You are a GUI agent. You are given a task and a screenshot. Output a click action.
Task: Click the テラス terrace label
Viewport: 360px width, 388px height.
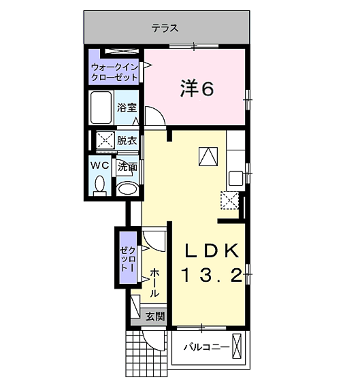click(165, 28)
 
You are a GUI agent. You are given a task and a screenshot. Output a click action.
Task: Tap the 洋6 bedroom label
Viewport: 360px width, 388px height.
click(197, 88)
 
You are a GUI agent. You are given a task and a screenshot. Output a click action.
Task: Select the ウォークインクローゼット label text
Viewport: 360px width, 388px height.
click(114, 72)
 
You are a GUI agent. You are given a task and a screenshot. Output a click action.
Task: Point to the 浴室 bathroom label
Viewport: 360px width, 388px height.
click(127, 108)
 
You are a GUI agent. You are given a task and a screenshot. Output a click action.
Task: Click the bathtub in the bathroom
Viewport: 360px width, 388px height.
click(101, 108)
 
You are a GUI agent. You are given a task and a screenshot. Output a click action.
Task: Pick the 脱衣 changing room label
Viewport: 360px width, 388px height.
click(127, 141)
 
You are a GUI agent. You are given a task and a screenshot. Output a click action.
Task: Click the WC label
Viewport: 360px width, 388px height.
click(100, 165)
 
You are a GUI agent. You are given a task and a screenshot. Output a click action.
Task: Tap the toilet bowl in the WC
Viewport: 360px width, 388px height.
click(100, 186)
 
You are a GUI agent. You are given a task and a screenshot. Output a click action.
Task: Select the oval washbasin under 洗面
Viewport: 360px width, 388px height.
click(127, 189)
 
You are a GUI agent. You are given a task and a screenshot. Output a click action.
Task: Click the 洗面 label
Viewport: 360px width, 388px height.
click(127, 167)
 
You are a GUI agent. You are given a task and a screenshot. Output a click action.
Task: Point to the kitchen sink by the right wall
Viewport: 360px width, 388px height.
click(235, 178)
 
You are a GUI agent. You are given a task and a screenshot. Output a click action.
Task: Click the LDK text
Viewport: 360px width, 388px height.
click(212, 250)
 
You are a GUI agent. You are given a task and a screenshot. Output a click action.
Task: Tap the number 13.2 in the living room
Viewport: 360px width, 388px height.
click(212, 276)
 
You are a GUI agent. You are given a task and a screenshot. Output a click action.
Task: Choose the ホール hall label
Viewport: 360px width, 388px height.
click(154, 282)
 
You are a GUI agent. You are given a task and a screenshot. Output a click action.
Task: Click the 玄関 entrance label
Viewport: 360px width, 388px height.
click(155, 316)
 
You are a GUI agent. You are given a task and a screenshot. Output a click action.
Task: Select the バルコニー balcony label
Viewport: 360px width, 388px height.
click(206, 347)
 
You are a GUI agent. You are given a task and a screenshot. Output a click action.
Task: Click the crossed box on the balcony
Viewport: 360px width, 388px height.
click(236, 346)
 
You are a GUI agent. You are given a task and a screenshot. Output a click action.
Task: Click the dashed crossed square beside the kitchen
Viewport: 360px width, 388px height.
click(229, 200)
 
